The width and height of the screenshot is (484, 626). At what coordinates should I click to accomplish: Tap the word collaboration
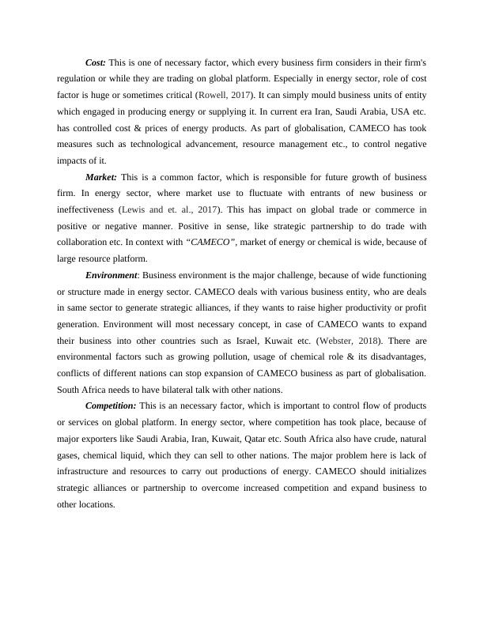coord(84,242)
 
